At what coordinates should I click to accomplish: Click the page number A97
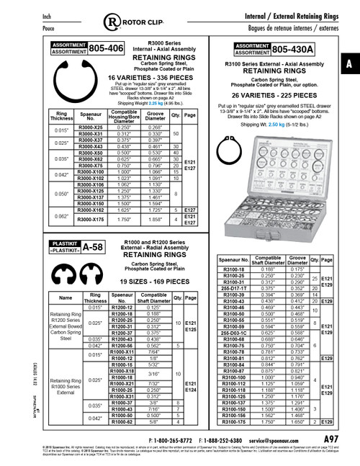pos(331,439)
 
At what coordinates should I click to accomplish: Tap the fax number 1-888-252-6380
pos(229,439)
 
